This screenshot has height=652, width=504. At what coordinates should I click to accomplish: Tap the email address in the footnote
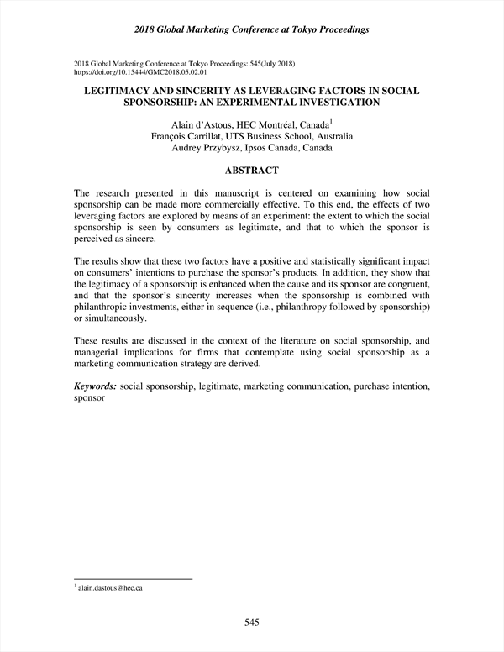[x=110, y=588]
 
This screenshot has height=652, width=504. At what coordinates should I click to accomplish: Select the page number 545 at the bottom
[x=251, y=623]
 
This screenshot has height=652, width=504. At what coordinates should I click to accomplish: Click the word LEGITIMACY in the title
[x=124, y=90]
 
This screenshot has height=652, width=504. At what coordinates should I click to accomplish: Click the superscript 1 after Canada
[x=331, y=121]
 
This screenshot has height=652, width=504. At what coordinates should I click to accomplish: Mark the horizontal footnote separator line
[x=134, y=578]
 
